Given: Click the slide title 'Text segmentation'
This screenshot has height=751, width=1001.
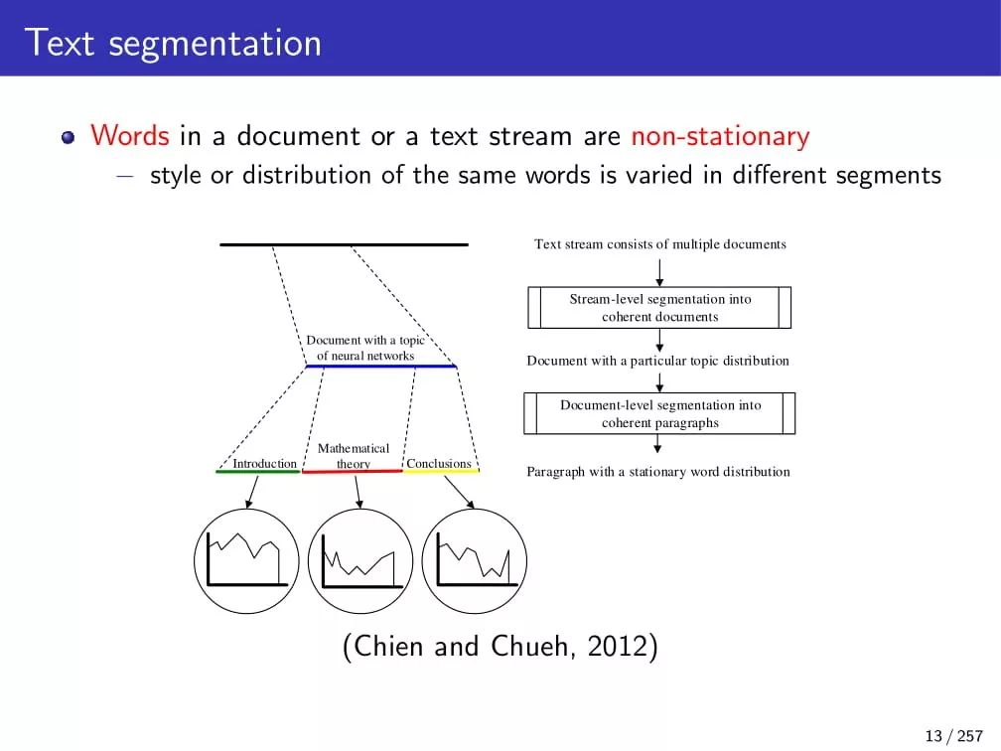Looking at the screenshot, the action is [173, 44].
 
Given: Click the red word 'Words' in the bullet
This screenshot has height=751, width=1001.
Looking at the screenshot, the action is [130, 136].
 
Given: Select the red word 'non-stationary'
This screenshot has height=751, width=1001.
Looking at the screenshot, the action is [720, 136].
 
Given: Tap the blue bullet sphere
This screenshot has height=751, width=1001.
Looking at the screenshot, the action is [68, 137].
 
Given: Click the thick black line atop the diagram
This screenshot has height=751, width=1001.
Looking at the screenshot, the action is [344, 244].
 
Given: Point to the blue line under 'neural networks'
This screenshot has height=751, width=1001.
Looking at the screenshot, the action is [380, 367].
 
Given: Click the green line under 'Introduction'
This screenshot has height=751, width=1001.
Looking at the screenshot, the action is [257, 471].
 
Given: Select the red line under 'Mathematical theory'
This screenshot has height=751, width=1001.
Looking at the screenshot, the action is [352, 471].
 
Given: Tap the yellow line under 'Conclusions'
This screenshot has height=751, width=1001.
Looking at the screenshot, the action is [441, 470].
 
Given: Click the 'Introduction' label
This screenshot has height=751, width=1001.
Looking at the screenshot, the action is [264, 463].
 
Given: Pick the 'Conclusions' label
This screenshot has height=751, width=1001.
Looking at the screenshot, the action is [439, 463].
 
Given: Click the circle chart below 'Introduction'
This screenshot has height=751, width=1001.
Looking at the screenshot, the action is [246, 560].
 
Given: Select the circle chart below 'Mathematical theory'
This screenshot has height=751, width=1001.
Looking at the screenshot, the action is [359, 560].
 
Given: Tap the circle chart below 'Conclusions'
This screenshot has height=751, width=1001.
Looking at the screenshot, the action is [475, 560].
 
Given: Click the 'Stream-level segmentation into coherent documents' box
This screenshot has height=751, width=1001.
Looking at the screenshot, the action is [659, 308].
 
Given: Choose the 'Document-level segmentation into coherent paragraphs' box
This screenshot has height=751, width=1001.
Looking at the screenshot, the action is [659, 414].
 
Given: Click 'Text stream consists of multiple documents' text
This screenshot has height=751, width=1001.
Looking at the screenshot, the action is [660, 244].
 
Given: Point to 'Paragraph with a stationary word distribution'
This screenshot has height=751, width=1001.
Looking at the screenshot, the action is [658, 472].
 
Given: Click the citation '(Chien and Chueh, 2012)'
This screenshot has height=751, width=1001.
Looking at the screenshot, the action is [500, 647].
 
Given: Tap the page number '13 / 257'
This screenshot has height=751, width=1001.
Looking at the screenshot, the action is [952, 736].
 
